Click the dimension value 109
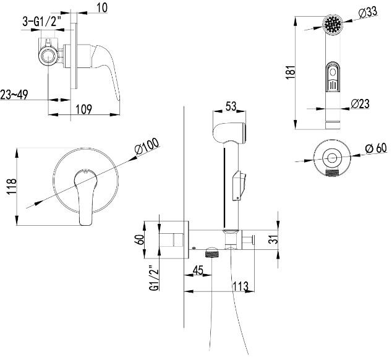point(84,109)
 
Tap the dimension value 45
point(198,270)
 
